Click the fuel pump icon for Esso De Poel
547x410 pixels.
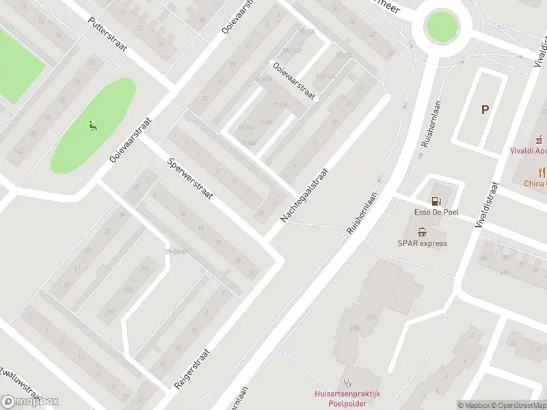[x=436, y=201]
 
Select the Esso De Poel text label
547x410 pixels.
[x=436, y=213]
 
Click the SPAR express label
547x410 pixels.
[x=423, y=243]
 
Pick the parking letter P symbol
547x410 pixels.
[x=485, y=109]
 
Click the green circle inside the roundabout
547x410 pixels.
[x=441, y=26]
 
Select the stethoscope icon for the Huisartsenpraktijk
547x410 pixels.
[x=347, y=383]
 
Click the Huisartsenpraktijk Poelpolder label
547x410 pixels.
[x=347, y=398]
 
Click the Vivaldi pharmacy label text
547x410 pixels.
[x=529, y=150]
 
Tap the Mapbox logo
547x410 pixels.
[x=29, y=402]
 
